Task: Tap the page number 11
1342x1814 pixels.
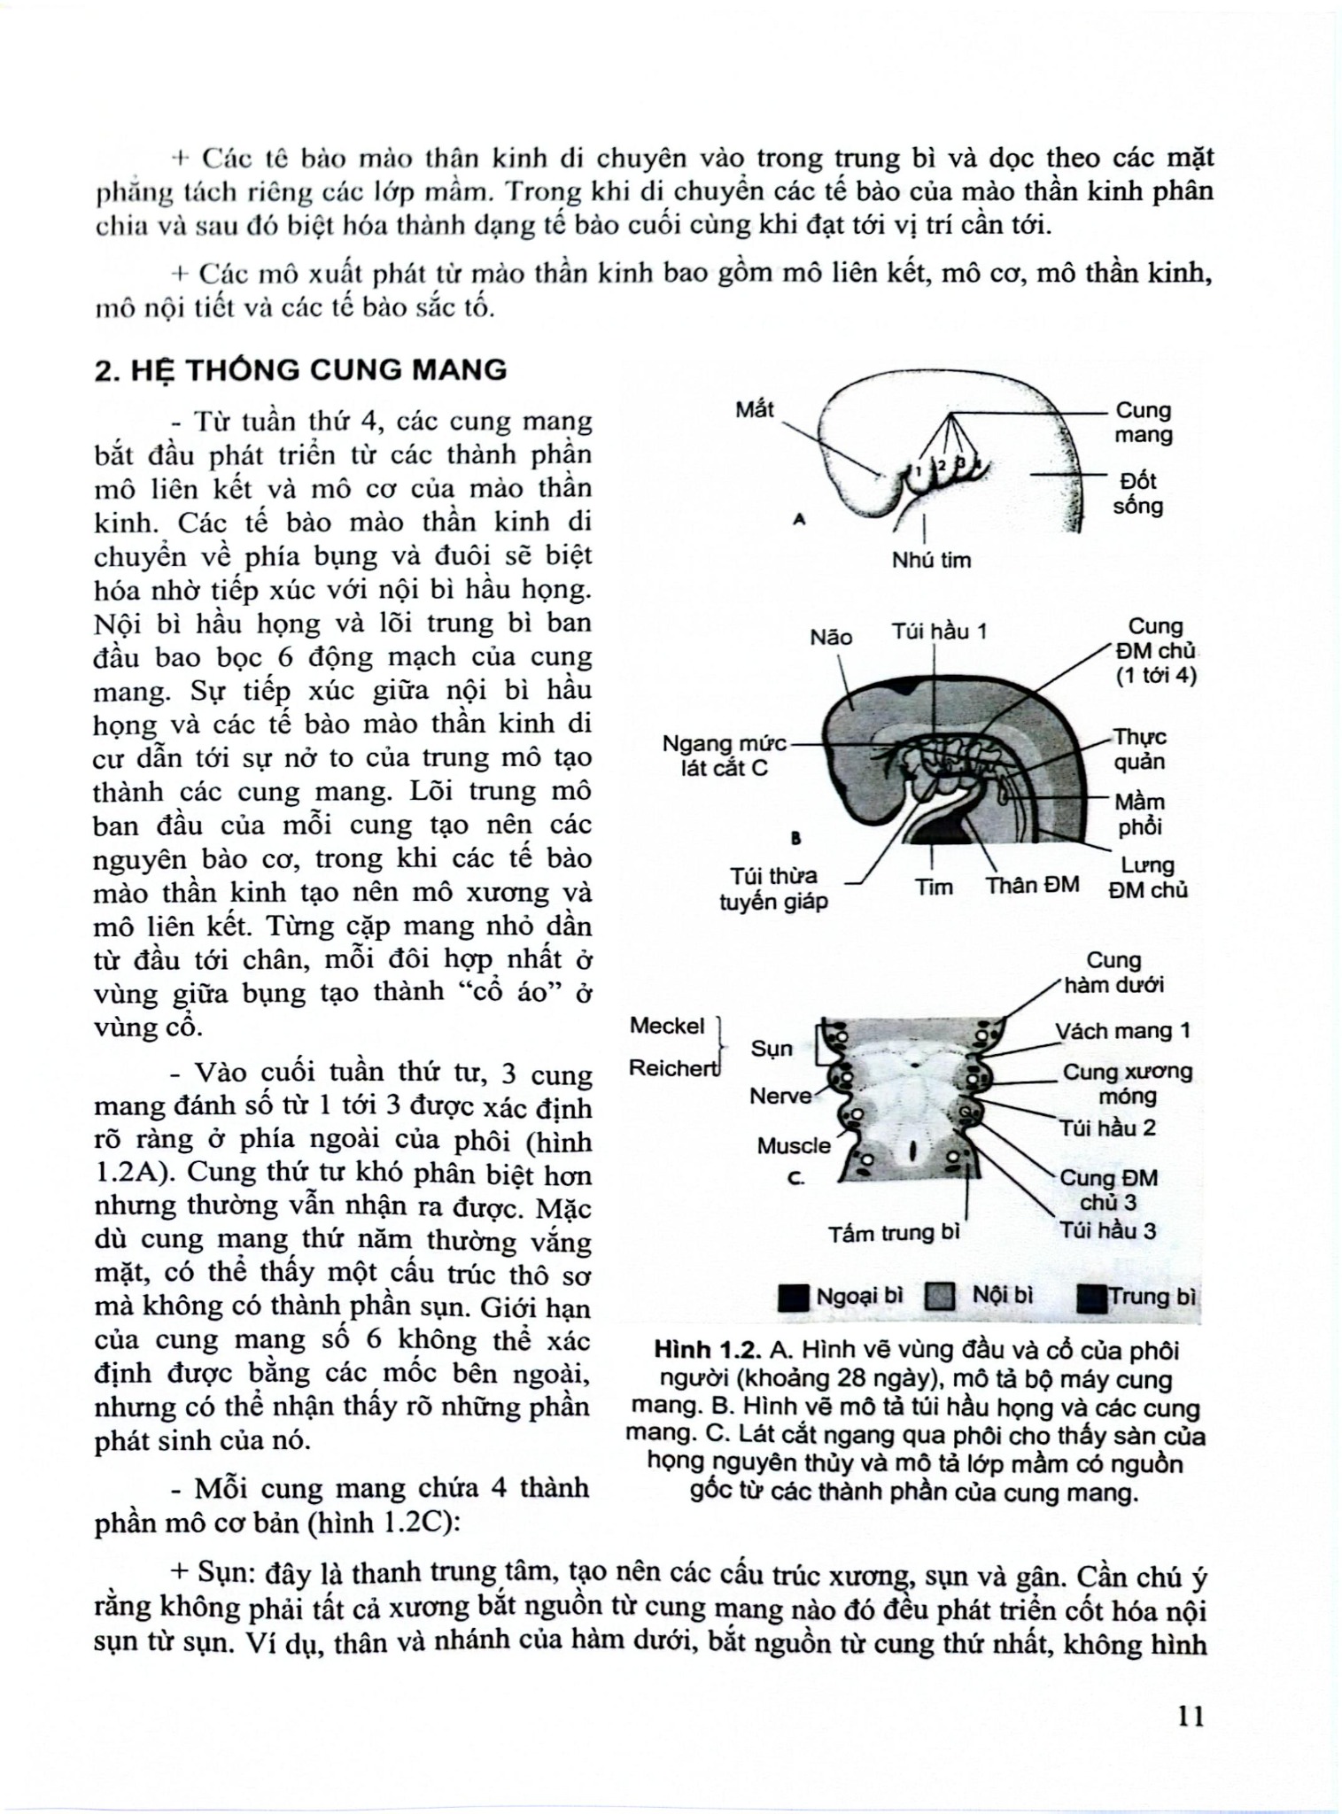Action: tap(1191, 1716)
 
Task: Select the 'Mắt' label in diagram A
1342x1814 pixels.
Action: tap(755, 409)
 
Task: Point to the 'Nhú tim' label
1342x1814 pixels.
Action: tap(931, 560)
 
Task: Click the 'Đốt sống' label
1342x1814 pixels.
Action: tap(1138, 493)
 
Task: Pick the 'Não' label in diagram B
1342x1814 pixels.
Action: tap(831, 637)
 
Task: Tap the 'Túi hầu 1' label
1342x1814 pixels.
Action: tap(939, 632)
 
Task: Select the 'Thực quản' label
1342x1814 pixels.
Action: tap(1139, 749)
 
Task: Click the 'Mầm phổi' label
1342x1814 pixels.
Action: tap(1139, 814)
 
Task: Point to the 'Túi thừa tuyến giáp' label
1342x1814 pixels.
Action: tap(773, 888)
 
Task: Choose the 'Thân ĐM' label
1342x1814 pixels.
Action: tap(1033, 885)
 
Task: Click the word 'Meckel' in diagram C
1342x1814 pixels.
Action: tap(667, 1026)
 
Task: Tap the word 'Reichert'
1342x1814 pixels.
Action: tap(672, 1068)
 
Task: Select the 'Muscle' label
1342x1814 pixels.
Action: tap(794, 1146)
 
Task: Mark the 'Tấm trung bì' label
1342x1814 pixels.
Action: tap(894, 1233)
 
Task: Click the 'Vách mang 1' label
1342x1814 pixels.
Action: tap(1123, 1031)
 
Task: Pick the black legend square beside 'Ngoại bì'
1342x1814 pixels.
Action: tap(793, 1298)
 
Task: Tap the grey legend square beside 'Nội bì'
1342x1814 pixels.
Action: tap(939, 1298)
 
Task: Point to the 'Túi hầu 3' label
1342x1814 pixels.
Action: tap(1108, 1230)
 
